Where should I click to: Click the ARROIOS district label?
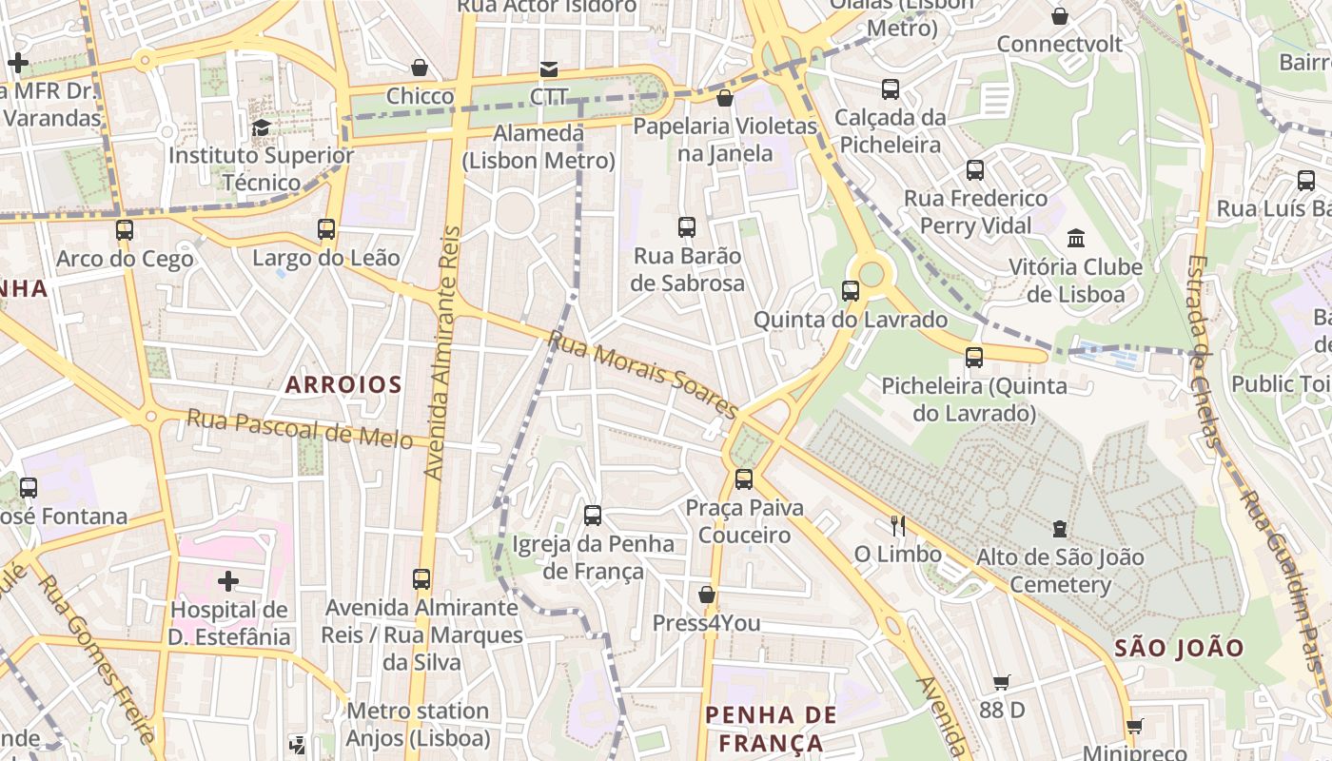[343, 384]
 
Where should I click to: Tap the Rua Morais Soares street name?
[643, 374]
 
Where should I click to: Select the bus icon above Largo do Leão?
[326, 229]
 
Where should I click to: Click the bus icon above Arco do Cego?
[125, 230]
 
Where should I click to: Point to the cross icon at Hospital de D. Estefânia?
[228, 580]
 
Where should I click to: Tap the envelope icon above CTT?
[549, 68]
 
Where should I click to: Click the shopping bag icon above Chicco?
[420, 68]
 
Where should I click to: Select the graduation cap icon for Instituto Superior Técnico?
[261, 127]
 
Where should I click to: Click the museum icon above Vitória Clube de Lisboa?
[1076, 238]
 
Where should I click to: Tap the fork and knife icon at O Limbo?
[896, 525]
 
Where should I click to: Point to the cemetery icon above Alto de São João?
[1060, 529]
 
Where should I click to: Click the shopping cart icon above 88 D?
[1002, 682]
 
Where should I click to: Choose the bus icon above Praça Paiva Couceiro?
[744, 479]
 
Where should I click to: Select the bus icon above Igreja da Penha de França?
[593, 516]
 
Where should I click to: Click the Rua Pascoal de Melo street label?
[300, 427]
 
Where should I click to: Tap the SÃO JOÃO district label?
[1179, 649]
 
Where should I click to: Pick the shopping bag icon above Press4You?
[706, 595]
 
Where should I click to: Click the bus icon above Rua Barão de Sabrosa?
[687, 227]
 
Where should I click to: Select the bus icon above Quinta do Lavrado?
[851, 291]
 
